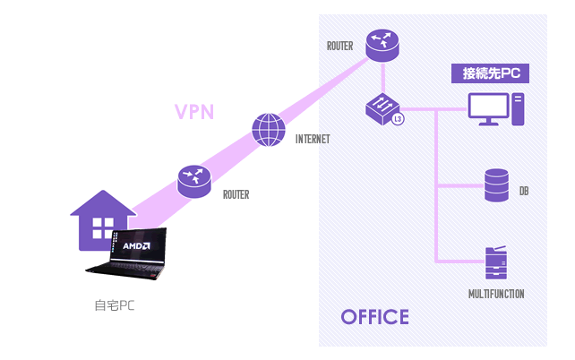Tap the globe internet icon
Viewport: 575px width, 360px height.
pos(269,130)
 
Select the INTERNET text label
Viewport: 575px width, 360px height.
pos(313,139)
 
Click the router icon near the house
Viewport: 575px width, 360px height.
pos(193,181)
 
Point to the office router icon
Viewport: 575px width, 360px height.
pos(384,46)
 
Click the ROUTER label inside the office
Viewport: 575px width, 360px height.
pos(341,46)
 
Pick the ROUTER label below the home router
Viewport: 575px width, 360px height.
pos(236,193)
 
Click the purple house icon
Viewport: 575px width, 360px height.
pos(101,220)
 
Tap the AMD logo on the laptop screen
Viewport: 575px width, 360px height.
pos(136,244)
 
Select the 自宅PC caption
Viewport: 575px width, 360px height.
pos(116,304)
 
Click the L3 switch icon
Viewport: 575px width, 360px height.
pos(382,109)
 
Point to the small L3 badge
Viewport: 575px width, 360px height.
pos(398,118)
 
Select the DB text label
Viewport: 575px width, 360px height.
pos(524,191)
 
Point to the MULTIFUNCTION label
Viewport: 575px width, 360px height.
pos(496,294)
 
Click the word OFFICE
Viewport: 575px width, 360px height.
pos(375,317)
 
